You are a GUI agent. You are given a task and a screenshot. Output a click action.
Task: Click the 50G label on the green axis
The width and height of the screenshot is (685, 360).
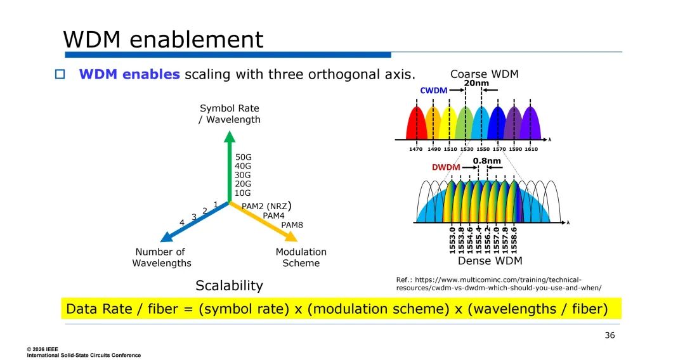click(244, 157)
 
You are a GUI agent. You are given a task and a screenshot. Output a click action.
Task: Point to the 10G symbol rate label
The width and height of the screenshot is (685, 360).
click(243, 193)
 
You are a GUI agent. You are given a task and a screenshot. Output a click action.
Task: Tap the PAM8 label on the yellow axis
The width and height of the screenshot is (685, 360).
click(292, 225)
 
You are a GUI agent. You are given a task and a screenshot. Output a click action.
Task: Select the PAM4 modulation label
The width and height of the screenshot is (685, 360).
click(273, 215)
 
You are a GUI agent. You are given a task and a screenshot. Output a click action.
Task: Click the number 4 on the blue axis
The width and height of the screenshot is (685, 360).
click(182, 222)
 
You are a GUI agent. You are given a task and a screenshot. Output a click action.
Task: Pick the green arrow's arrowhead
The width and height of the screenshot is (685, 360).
click(230, 136)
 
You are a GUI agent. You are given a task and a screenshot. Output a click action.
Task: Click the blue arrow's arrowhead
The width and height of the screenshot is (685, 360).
click(166, 238)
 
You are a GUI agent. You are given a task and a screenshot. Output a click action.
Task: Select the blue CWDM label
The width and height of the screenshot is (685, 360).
click(433, 91)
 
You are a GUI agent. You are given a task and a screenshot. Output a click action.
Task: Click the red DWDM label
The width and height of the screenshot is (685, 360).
click(446, 167)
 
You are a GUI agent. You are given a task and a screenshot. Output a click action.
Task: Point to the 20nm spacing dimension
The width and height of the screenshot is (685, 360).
click(476, 83)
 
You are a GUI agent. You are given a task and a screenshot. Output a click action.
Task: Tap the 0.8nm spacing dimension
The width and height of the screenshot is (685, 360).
click(486, 160)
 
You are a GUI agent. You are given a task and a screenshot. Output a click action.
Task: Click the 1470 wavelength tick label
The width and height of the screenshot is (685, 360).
click(416, 149)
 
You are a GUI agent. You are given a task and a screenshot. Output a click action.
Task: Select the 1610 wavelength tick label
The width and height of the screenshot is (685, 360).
click(532, 149)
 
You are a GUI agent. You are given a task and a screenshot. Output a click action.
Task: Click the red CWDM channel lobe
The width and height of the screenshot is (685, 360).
click(416, 123)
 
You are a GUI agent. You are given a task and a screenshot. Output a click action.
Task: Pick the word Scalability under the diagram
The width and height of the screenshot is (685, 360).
click(230, 285)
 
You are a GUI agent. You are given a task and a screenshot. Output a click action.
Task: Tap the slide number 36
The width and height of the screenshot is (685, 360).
click(610, 335)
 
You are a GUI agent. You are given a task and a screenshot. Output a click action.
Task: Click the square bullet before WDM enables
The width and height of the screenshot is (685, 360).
click(60, 74)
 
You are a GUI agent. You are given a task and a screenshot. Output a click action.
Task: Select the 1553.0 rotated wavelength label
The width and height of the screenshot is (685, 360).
click(452, 240)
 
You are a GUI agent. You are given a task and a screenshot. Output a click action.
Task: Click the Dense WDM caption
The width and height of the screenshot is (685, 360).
click(490, 261)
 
